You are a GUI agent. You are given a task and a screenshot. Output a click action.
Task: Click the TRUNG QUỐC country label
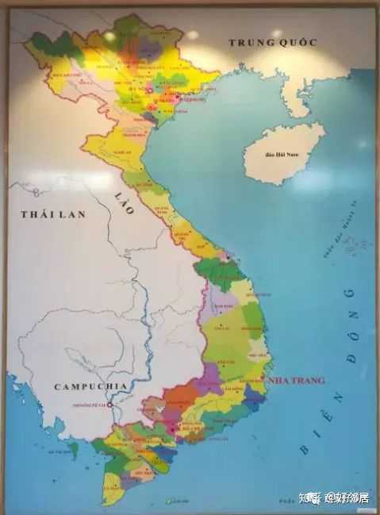272,42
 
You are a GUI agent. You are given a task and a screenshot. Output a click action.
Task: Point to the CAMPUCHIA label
91,386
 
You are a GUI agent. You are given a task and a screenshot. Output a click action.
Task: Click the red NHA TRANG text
297,381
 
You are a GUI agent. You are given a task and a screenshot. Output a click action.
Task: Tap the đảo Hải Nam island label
278,153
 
